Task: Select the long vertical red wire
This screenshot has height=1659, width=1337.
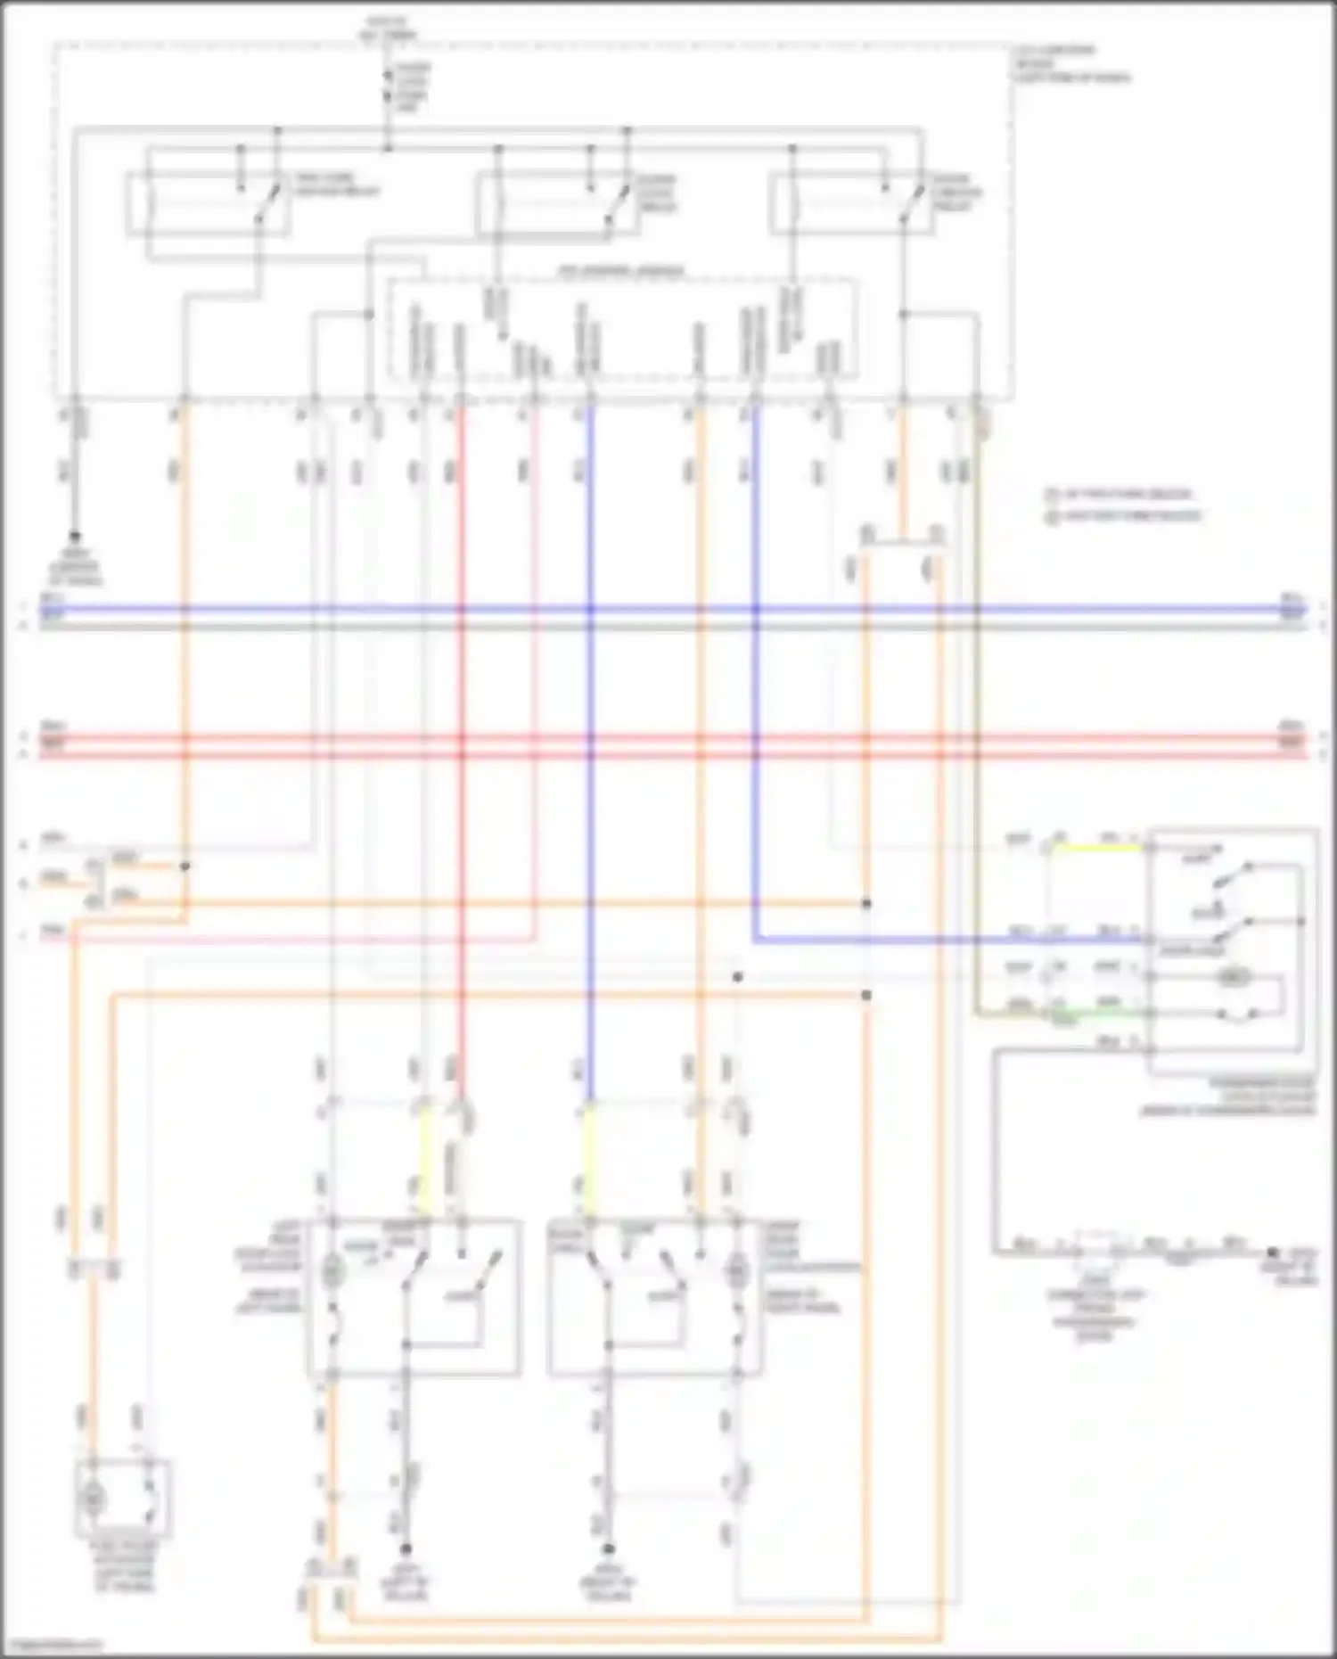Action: click(461, 713)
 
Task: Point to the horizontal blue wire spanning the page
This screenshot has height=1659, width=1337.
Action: click(668, 611)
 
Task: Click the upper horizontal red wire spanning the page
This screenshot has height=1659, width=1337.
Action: click(668, 738)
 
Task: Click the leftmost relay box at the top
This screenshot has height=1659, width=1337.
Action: click(207, 205)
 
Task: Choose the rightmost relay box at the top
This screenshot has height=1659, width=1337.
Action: click(847, 205)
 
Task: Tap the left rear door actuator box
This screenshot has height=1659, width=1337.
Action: click(414, 1297)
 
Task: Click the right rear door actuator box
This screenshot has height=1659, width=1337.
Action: click(655, 1297)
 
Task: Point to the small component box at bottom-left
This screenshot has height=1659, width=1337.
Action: click(123, 1498)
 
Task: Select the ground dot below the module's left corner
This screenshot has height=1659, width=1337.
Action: click(75, 537)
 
